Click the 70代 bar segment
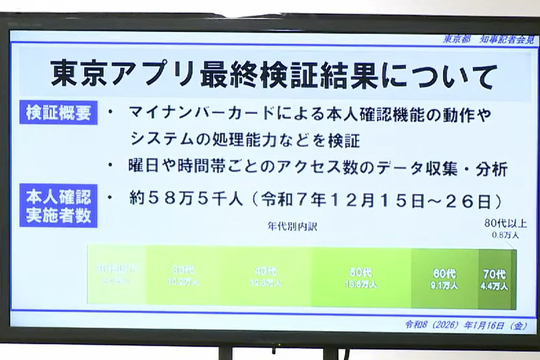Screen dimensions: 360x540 click(x=495, y=278)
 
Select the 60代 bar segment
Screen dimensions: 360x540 click(x=445, y=278)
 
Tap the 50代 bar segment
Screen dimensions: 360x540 click(x=361, y=278)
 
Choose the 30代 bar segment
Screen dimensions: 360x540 click(x=183, y=278)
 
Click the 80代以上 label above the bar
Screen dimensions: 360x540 click(x=505, y=223)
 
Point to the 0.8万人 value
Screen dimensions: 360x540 click(x=505, y=235)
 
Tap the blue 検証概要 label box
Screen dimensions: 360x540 click(x=58, y=114)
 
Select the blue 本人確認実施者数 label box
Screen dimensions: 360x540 click(x=58, y=206)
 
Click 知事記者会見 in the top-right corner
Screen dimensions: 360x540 click(x=507, y=39)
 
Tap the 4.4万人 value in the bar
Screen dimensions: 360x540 click(x=494, y=286)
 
